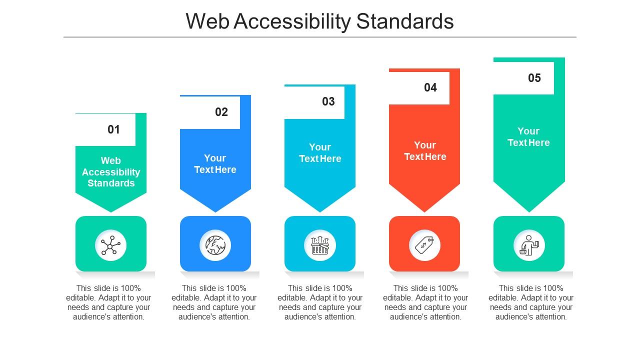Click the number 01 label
tap(113, 129)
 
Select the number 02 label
tap(221, 112)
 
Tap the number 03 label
tap(328, 101)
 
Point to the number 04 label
tap(430, 87)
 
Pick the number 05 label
tap(534, 78)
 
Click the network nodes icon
tap(110, 245)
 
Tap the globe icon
tap(215, 245)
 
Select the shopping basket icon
tap(320, 245)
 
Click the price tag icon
tap(424, 245)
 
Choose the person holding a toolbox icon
tap(529, 245)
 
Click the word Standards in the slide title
tap(405, 21)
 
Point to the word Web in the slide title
tap(207, 21)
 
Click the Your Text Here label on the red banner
tap(425, 151)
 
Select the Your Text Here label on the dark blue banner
tap(215, 164)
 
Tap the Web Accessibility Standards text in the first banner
tap(111, 172)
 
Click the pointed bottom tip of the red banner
tap(424, 212)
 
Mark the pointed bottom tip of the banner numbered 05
tap(529, 212)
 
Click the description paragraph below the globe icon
tap(214, 302)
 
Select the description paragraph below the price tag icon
tap(425, 302)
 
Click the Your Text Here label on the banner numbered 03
tap(320, 153)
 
